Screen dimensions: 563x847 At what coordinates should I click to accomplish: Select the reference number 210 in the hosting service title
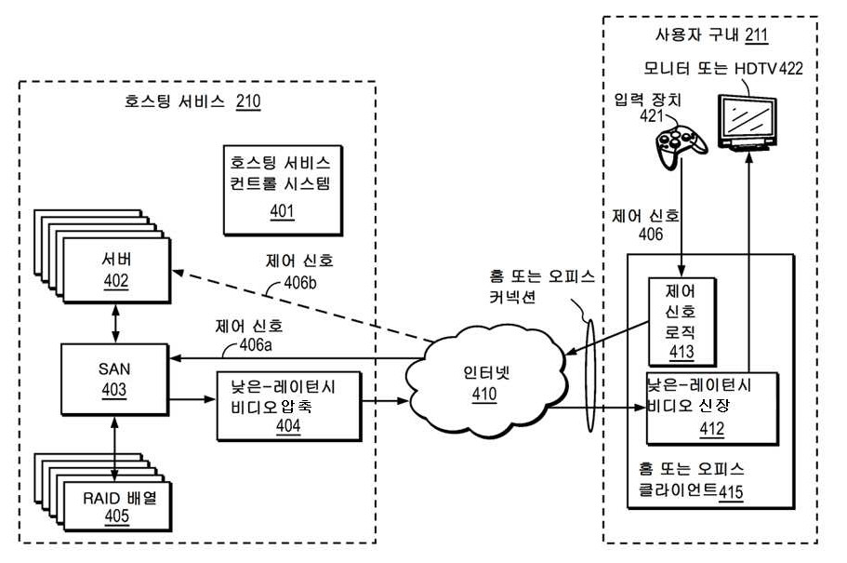click(248, 102)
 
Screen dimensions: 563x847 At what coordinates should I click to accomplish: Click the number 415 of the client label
click(731, 491)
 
